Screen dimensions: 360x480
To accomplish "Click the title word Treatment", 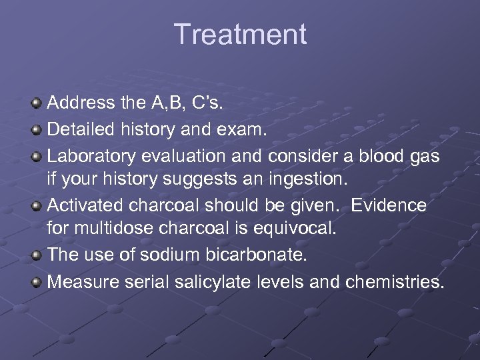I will coord(240,35).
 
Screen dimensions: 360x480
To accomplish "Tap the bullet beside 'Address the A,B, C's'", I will coord(37,104).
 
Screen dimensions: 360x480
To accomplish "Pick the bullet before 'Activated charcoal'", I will coord(37,205).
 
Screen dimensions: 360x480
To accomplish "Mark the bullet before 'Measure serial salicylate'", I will coord(37,282).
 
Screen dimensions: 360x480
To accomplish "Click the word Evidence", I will coord(388,205).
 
